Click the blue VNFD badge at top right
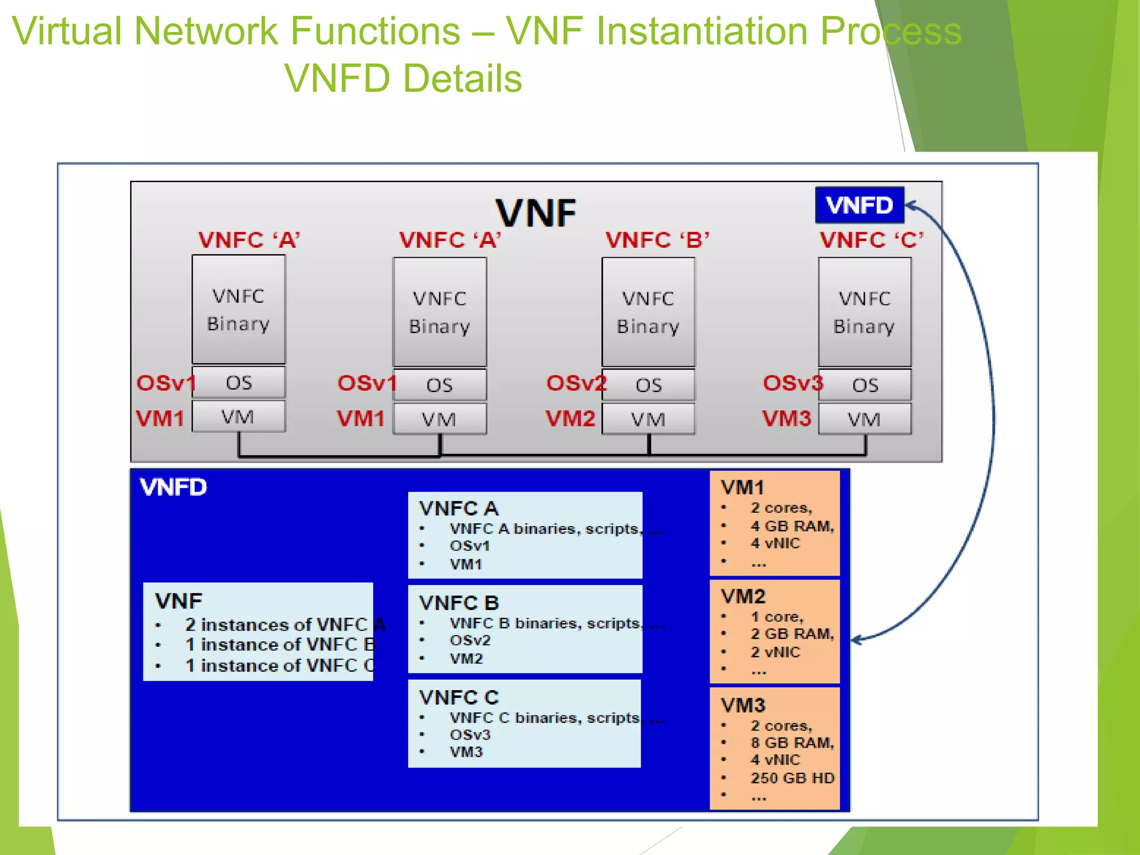pos(859,205)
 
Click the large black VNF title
pos(535,213)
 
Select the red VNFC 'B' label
pos(657,240)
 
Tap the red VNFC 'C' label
pos(872,240)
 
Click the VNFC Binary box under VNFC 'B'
pos(648,312)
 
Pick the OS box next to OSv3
pos(864,385)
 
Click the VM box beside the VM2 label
pos(648,419)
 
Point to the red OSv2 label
pos(576,384)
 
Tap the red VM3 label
pos(787,419)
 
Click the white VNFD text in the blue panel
pos(174,488)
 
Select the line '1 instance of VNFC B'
pos(280,645)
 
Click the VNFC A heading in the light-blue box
pos(459,508)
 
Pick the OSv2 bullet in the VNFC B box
pos(470,641)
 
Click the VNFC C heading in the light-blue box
pos(459,697)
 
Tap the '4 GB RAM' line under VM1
pos(792,526)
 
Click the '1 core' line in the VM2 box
pos(777,617)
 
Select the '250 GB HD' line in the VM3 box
pos(792,778)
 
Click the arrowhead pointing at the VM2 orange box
pos(856,640)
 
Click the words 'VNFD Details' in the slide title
pos(403,78)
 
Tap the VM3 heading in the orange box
pos(743,706)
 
